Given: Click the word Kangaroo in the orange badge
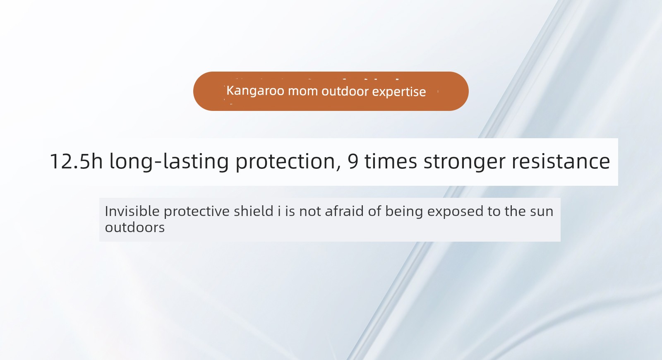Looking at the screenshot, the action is point(255,91).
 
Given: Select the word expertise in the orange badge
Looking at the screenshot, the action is point(399,92).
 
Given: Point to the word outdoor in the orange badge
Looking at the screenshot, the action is point(345,91).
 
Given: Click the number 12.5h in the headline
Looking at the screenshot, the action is point(76,161).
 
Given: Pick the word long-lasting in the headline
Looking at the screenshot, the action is point(169,161).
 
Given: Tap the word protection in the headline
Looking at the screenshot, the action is point(285,162).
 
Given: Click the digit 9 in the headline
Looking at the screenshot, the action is point(353,161).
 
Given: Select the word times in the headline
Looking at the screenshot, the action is point(391,161).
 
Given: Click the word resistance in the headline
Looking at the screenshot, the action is point(561,161).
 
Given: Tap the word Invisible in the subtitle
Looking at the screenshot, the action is point(132,211).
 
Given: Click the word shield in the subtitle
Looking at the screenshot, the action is point(254,211).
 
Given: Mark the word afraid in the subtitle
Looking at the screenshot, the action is point(344,211).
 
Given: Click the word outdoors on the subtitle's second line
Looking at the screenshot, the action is point(135,228).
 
